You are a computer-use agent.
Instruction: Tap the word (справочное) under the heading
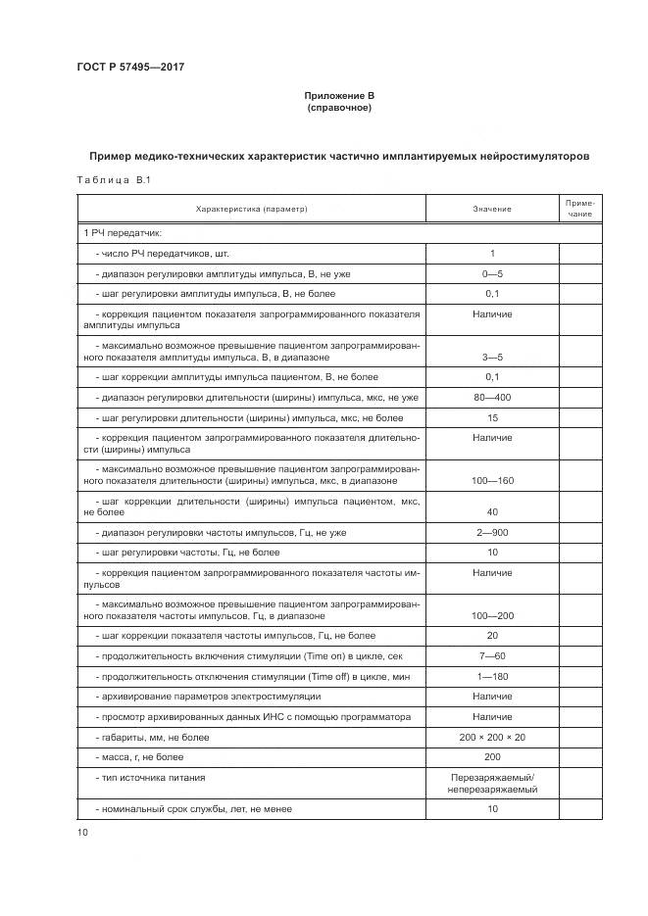338,108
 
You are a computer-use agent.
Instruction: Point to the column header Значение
492,209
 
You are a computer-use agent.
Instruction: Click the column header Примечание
579,208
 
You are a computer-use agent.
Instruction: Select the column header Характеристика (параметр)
251,209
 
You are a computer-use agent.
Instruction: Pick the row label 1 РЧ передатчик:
123,233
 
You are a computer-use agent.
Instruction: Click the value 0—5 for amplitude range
492,273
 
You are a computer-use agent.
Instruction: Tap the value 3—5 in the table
492,358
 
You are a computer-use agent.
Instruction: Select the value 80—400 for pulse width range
492,398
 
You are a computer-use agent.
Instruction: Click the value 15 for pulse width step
492,418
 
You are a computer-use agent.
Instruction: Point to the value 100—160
492,481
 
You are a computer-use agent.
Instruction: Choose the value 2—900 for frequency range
492,533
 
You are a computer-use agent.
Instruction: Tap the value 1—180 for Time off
492,677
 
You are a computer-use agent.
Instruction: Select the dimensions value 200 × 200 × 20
492,737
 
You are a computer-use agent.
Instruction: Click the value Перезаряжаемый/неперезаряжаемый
492,783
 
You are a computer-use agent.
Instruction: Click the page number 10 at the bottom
82,833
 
